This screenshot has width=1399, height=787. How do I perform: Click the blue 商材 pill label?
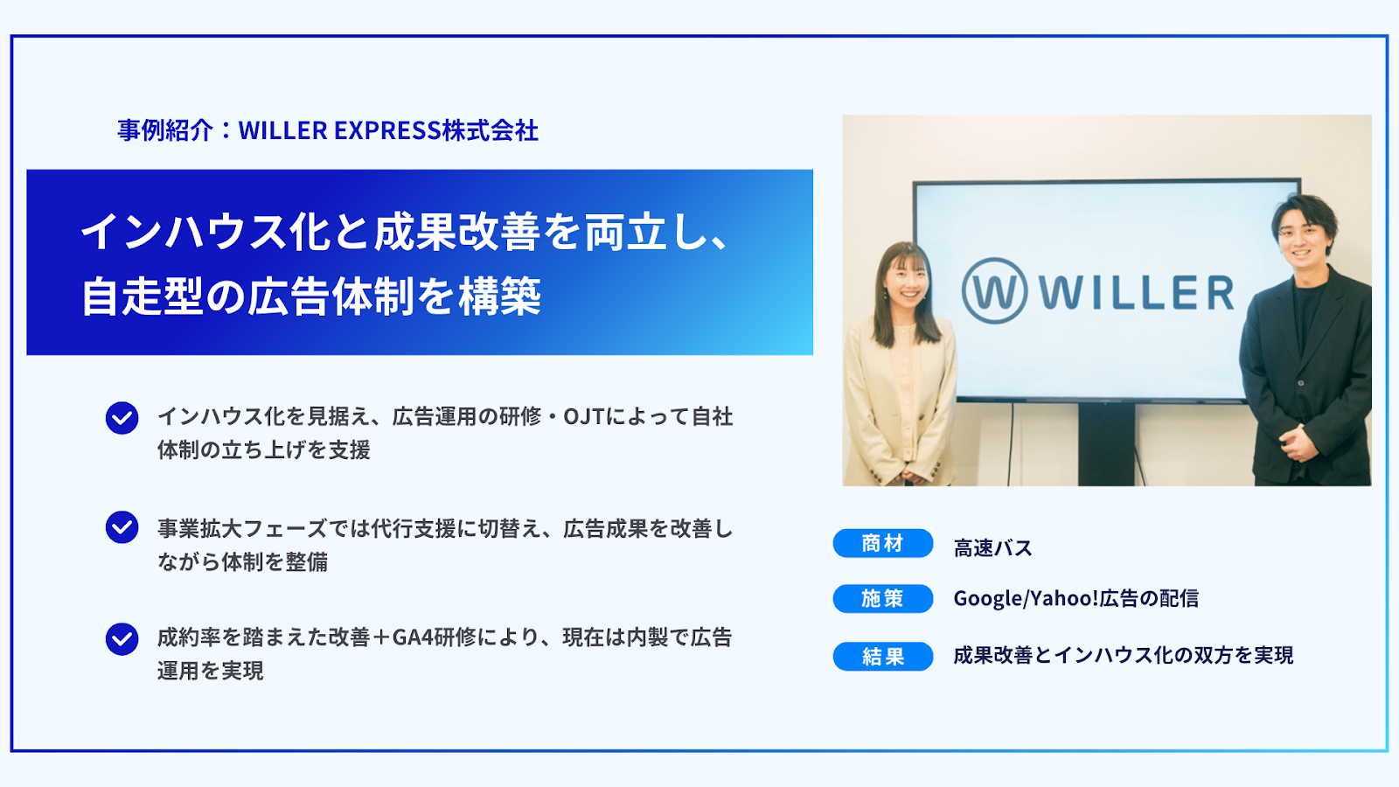click(882, 543)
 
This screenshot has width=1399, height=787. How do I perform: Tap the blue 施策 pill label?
click(882, 598)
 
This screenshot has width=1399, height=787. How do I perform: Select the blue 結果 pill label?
click(882, 656)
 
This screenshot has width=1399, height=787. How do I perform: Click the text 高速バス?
click(992, 547)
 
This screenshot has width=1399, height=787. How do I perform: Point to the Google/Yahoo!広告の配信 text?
click(1075, 598)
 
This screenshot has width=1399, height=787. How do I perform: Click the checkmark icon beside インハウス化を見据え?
click(122, 418)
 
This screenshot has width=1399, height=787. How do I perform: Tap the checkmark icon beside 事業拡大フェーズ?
click(122, 527)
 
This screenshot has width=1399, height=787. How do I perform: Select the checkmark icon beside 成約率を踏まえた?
click(122, 639)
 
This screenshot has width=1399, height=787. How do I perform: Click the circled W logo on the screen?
click(994, 290)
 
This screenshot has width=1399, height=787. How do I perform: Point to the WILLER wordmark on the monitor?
click(1137, 292)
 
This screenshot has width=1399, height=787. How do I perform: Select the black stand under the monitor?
click(1106, 444)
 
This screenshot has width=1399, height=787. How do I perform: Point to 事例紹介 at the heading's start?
click(165, 130)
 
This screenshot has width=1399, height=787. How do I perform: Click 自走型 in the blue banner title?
click(143, 296)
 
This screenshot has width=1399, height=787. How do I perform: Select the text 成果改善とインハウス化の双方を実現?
click(1123, 655)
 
